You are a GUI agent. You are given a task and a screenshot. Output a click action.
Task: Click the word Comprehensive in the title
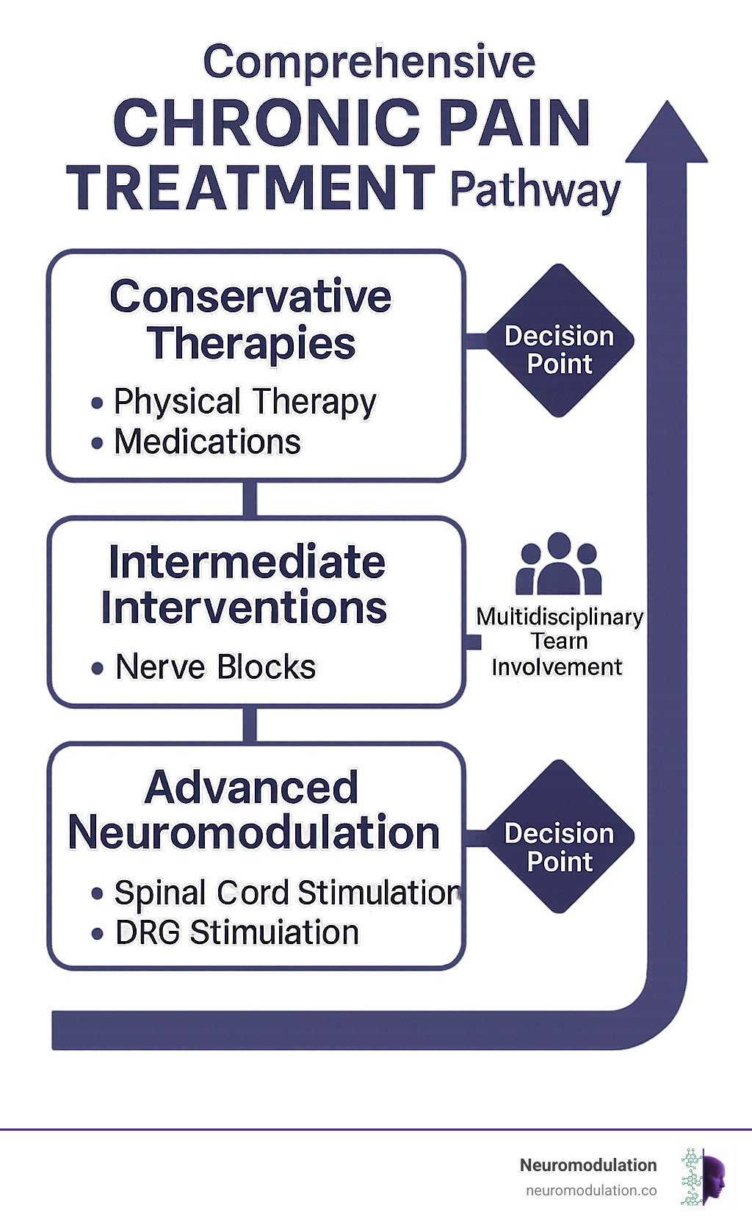[x=369, y=62]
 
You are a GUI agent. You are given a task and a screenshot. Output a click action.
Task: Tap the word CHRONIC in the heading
[x=267, y=123]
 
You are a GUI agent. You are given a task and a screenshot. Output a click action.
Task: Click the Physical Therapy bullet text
[x=245, y=402]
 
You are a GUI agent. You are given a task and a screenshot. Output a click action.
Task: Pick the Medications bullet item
[x=207, y=442]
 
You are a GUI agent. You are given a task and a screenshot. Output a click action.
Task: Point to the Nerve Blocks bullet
[x=215, y=667]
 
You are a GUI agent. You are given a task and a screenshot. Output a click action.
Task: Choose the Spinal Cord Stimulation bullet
[x=286, y=893]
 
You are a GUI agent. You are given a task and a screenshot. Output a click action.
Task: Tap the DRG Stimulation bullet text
[x=237, y=933]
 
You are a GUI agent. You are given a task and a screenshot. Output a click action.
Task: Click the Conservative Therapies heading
[x=251, y=320]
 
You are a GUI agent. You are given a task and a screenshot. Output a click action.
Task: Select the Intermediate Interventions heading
[x=245, y=585]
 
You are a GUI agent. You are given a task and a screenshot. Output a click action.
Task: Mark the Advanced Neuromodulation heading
[x=253, y=810]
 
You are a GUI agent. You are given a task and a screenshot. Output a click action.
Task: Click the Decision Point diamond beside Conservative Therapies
[x=560, y=342]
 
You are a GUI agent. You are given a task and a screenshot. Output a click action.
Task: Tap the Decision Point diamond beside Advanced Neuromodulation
[x=560, y=838]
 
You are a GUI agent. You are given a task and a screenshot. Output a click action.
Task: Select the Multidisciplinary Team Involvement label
[x=559, y=641]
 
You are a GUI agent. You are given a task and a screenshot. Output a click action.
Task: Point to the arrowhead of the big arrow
[x=667, y=136]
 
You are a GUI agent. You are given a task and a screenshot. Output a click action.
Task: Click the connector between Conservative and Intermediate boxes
[x=250, y=500]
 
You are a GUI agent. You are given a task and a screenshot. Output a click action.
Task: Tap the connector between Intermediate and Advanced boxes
[x=250, y=725]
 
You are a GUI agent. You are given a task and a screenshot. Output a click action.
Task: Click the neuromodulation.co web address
[x=591, y=1191]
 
